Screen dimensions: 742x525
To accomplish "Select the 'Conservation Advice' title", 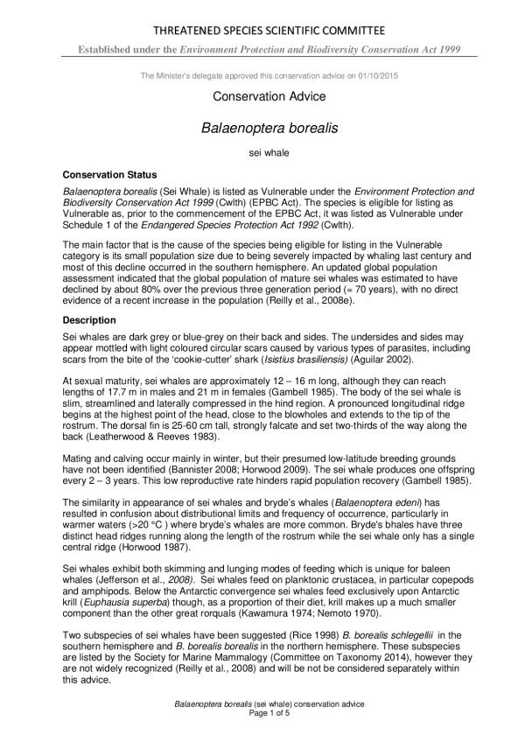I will [x=262, y=97].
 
